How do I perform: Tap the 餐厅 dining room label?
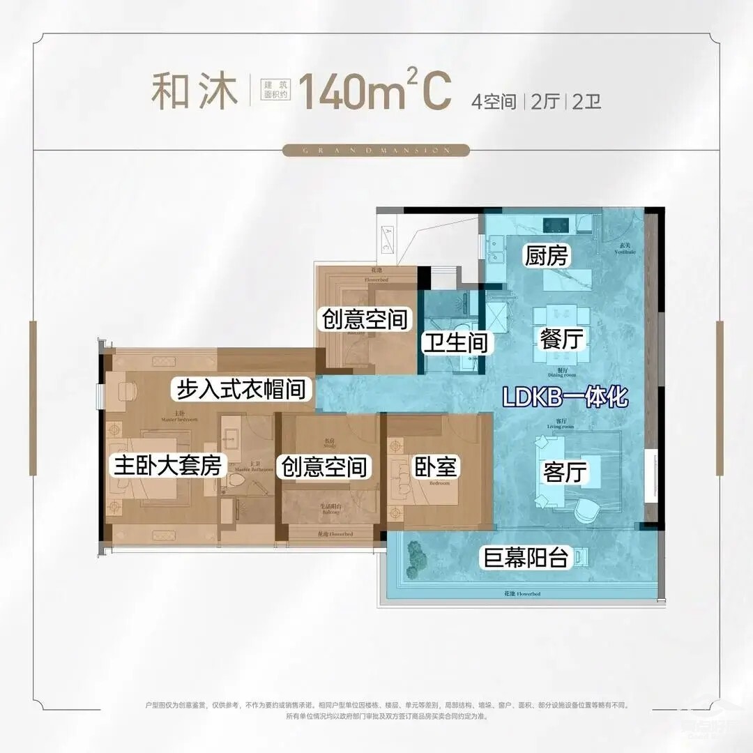click(x=561, y=340)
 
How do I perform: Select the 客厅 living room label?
click(x=563, y=473)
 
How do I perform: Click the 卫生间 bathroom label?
click(x=457, y=343)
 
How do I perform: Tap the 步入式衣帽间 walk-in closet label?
click(x=240, y=388)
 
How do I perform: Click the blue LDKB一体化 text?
click(x=565, y=399)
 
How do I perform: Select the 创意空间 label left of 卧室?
click(x=323, y=466)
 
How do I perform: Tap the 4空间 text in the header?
click(x=493, y=102)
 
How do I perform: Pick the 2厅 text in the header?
click(x=546, y=102)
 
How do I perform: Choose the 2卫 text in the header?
click(x=586, y=102)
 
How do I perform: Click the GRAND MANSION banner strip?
click(x=376, y=150)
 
